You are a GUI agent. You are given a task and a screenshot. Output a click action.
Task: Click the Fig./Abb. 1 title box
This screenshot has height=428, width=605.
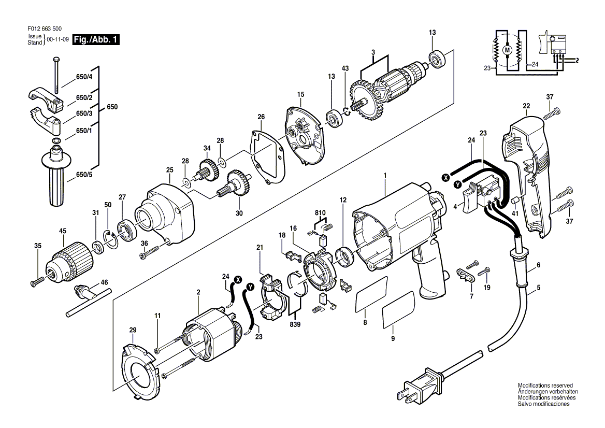tap(96, 39)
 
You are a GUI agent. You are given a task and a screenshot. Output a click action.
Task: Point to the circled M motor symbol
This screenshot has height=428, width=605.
tap(508, 50)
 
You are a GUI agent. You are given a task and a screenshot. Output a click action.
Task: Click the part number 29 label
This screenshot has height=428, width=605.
tap(133, 330)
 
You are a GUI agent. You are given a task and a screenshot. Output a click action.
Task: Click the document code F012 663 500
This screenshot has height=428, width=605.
tap(45, 28)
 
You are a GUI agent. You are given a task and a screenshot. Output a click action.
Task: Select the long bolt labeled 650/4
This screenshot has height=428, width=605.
tap(56, 75)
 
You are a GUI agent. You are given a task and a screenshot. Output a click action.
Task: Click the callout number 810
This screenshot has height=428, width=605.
tap(320, 212)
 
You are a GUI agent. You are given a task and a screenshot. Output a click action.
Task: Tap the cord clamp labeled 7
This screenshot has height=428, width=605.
tap(465, 275)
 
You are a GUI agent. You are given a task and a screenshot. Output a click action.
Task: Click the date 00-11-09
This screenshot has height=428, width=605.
tap(58, 39)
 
